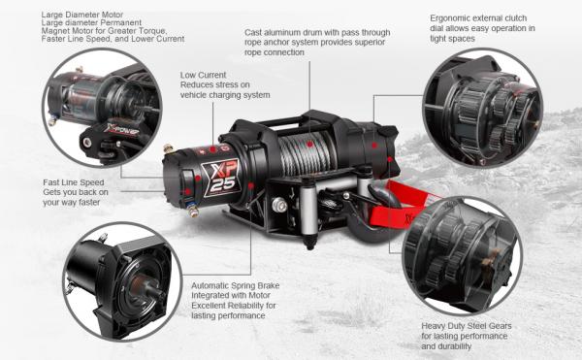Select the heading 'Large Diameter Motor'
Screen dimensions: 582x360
click(82, 15)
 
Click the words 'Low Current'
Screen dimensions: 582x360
click(203, 75)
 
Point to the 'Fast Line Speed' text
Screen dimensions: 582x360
click(74, 182)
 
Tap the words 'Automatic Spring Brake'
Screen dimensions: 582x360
click(236, 285)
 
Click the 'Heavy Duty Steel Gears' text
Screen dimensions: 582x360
click(467, 326)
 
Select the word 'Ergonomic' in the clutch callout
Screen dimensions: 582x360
click(448, 18)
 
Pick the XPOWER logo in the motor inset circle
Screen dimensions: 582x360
click(121, 129)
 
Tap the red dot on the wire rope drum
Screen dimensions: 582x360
click(310, 144)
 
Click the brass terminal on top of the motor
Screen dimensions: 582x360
click(169, 148)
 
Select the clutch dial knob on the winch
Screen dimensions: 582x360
click(387, 131)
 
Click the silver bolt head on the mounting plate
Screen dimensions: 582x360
click(279, 205)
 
